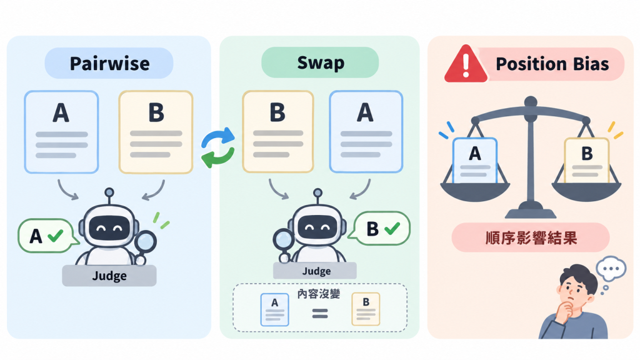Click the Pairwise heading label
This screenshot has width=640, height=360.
(x=109, y=63)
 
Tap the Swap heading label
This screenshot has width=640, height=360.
(x=320, y=62)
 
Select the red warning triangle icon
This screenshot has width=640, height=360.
(x=466, y=64)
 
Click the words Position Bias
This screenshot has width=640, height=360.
(x=552, y=64)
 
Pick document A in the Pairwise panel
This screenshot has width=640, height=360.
(x=62, y=132)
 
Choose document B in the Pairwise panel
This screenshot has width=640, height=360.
(x=156, y=132)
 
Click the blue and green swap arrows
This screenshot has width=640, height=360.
(x=218, y=147)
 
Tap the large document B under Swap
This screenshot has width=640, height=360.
(x=278, y=131)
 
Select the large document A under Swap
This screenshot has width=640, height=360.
(x=366, y=131)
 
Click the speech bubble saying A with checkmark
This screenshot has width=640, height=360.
(x=46, y=236)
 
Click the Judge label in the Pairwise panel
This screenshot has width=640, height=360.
(x=109, y=276)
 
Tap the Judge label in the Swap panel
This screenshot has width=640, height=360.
(x=315, y=271)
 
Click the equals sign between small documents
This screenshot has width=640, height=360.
(x=320, y=314)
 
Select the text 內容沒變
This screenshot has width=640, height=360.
(x=319, y=294)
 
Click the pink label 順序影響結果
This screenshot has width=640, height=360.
(x=531, y=237)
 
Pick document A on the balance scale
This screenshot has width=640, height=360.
(x=475, y=161)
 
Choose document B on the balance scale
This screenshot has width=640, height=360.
(x=586, y=161)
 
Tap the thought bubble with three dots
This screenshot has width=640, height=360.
(x=611, y=269)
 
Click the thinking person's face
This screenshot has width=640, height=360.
(x=574, y=291)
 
